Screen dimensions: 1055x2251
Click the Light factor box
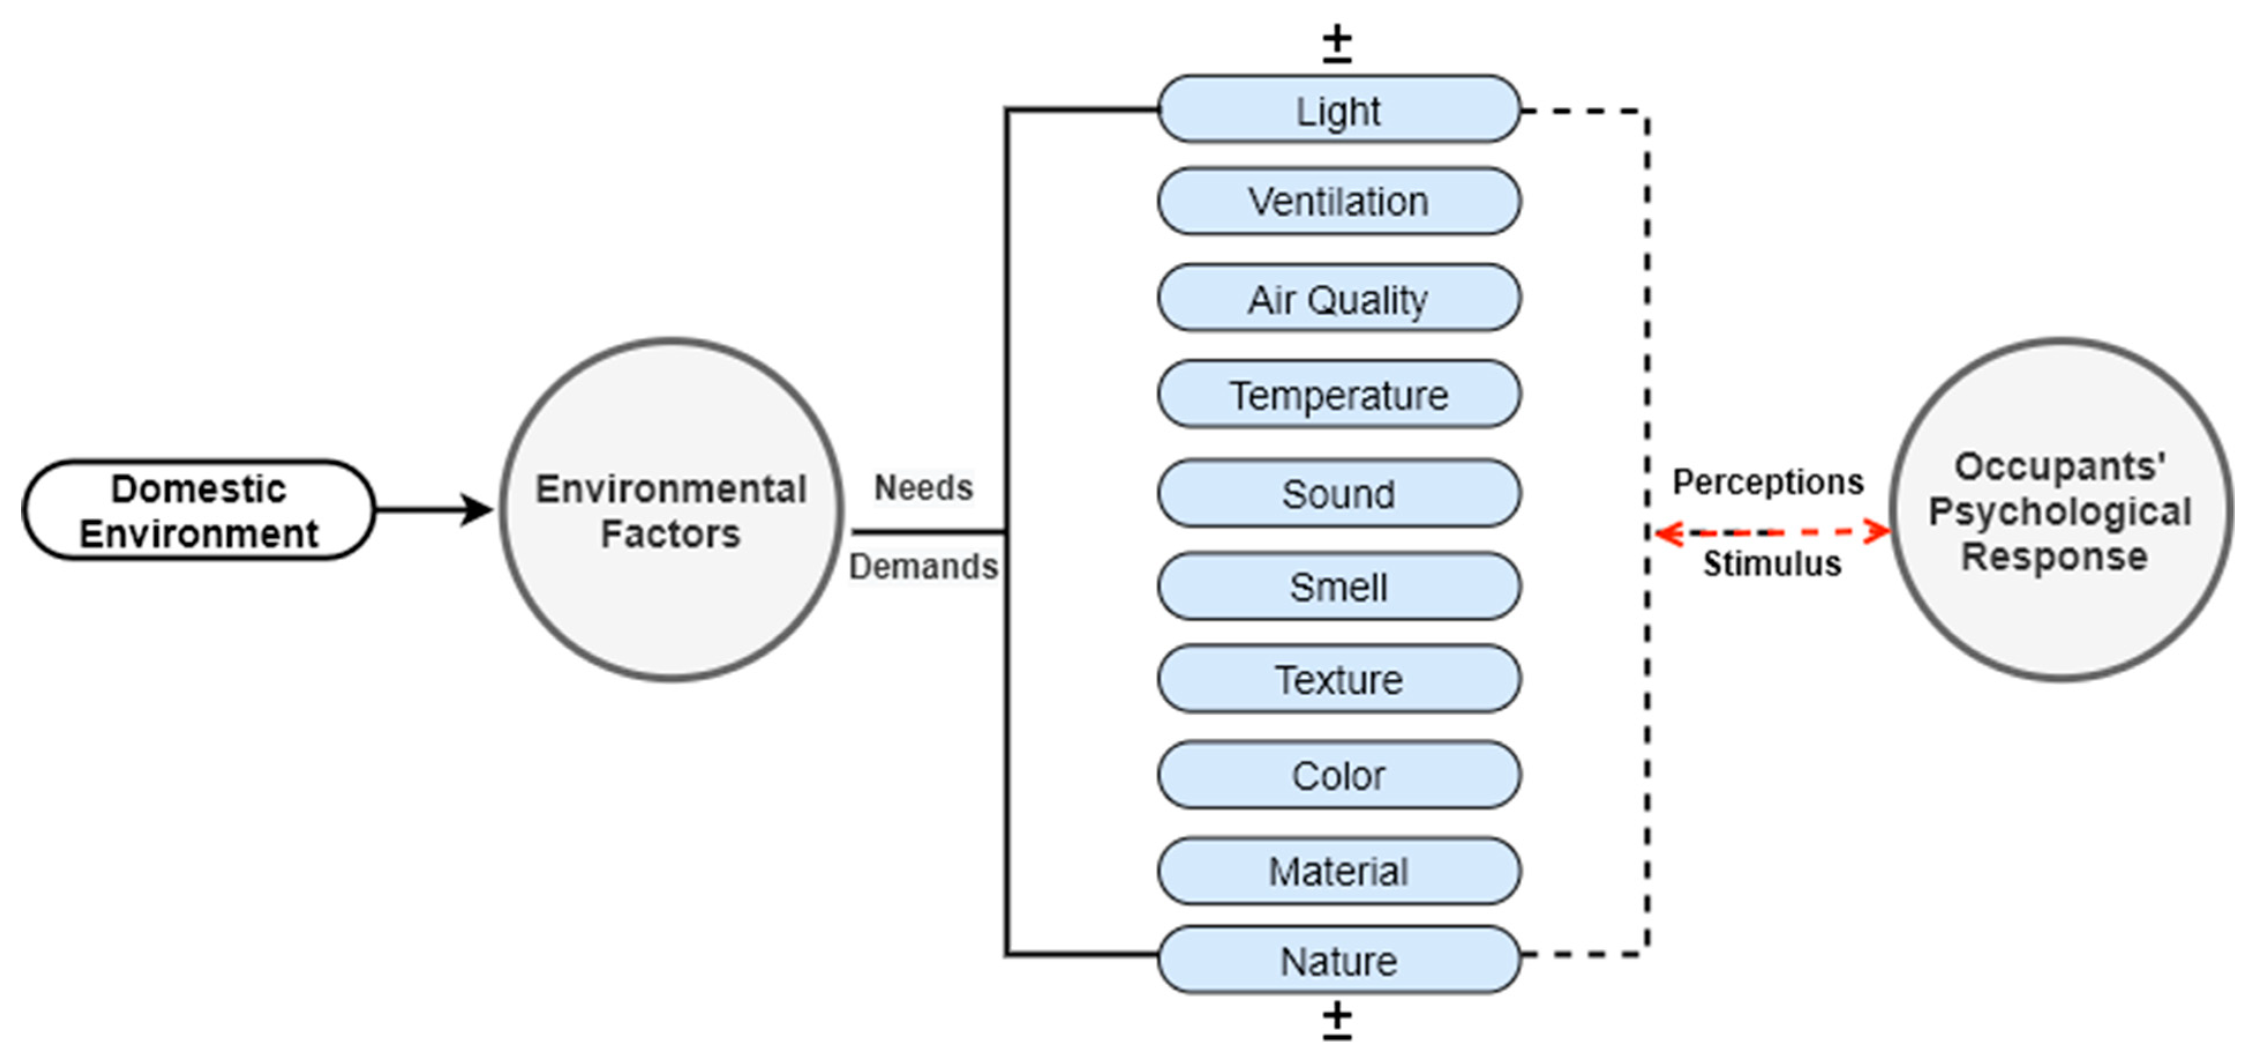(x=1339, y=110)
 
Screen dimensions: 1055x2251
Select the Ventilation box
(x=1339, y=202)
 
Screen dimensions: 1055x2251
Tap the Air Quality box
(x=1339, y=298)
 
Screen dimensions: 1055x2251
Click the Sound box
(x=1339, y=493)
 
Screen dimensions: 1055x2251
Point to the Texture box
(x=1339, y=678)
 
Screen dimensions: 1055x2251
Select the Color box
(x=1339, y=775)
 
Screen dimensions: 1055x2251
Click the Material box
(x=1339, y=870)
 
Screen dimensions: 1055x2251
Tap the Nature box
(x=1339, y=960)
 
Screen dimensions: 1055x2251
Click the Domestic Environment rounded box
(x=198, y=510)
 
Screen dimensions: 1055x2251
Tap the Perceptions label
(x=1768, y=482)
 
